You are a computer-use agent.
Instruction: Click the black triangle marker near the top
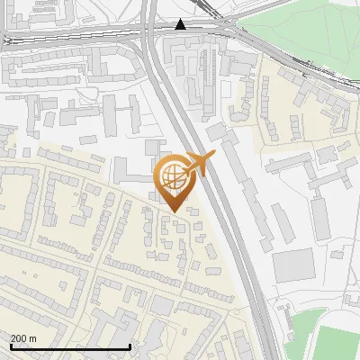click(181, 24)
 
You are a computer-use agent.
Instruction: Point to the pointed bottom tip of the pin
click(173, 211)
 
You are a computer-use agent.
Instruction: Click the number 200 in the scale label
click(19, 338)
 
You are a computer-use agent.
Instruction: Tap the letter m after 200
click(33, 338)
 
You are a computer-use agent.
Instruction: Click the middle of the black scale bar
click(69, 346)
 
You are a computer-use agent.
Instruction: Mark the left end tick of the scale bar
click(9, 346)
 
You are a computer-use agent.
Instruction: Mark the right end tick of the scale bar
click(130, 346)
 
